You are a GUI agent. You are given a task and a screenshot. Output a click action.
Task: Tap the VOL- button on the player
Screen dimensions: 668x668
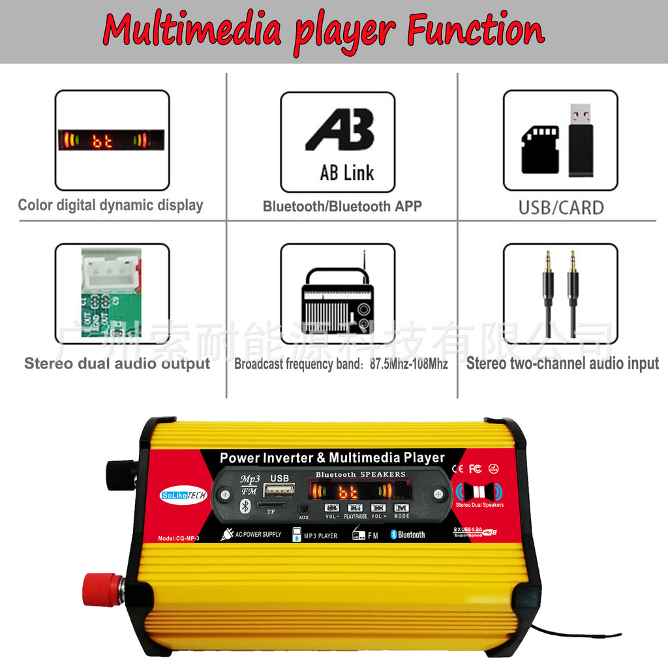tap(332, 508)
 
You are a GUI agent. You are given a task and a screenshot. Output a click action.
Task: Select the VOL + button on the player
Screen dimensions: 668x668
tap(378, 508)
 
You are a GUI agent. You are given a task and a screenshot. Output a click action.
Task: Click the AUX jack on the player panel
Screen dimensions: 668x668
tap(303, 508)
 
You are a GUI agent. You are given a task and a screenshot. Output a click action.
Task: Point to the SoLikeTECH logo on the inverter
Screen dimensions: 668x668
tap(183, 496)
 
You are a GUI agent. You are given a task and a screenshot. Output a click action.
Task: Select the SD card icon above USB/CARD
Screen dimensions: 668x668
tap(540, 149)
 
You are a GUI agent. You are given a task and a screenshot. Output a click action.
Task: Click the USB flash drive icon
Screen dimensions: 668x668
tap(581, 140)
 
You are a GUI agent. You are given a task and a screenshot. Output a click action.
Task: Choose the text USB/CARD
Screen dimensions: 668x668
tap(561, 207)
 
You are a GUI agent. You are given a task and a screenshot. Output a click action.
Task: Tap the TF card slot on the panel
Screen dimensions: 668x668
tap(270, 505)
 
